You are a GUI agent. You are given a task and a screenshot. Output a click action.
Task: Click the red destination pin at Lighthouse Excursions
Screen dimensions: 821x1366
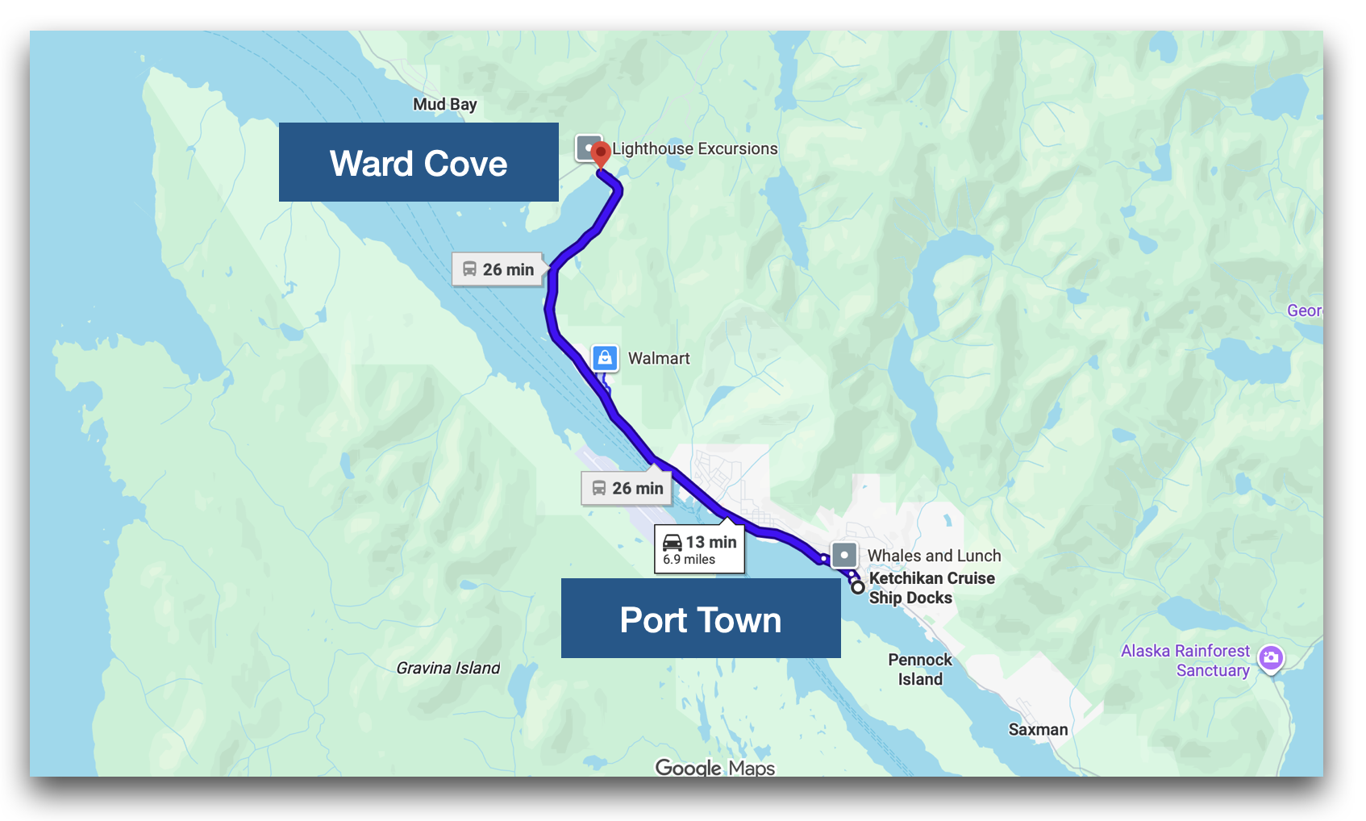tap(600, 153)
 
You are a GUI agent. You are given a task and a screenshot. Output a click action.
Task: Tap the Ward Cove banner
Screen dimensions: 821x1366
tap(419, 163)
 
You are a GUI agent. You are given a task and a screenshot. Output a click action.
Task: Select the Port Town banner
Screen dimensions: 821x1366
tap(700, 619)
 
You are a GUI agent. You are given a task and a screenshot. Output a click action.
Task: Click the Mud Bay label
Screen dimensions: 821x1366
tap(444, 104)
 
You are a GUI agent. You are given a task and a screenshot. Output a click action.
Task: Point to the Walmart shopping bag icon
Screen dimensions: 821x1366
tap(605, 357)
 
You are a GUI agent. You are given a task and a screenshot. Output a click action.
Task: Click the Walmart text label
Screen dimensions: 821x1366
tap(659, 358)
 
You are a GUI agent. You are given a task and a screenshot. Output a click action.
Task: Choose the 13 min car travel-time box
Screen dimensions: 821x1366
tap(699, 549)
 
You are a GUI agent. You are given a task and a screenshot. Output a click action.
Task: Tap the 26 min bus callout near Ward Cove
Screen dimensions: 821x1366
tap(498, 269)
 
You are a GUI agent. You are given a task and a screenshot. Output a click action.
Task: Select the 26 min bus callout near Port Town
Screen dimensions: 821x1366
tap(627, 488)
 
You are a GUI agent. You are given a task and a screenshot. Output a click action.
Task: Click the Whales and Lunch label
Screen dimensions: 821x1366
tap(934, 556)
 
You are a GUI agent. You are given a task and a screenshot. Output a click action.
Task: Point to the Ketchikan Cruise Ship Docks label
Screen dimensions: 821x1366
tap(931, 588)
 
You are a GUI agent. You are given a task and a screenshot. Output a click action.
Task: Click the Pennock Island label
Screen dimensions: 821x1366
tap(920, 669)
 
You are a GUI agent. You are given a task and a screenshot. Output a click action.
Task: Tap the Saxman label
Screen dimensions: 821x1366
tap(1038, 729)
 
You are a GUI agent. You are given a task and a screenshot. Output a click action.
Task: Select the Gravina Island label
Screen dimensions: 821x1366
tap(448, 668)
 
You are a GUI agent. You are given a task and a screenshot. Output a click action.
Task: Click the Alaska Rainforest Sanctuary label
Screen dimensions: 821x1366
tap(1185, 661)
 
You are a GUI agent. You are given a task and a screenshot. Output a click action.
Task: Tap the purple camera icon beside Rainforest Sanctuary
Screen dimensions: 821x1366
tap(1271, 658)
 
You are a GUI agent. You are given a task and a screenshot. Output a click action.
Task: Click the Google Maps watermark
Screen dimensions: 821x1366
tap(714, 767)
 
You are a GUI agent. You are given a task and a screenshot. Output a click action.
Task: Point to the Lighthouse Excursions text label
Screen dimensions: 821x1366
tap(695, 148)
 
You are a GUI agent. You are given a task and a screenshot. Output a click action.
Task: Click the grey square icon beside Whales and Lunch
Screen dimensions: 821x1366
tap(843, 555)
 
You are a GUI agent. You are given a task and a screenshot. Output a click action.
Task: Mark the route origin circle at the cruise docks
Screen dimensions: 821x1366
tap(858, 587)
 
